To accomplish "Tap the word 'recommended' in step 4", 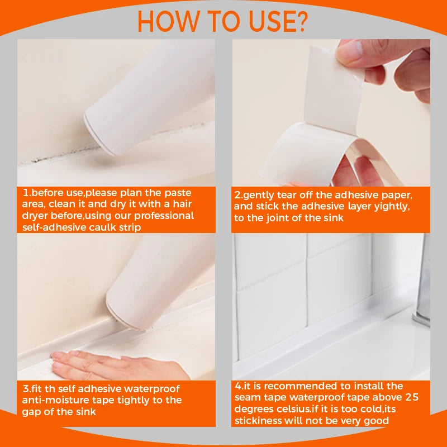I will pyautogui.click(x=297, y=386).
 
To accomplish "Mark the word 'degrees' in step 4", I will pyautogui.click(x=255, y=409).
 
